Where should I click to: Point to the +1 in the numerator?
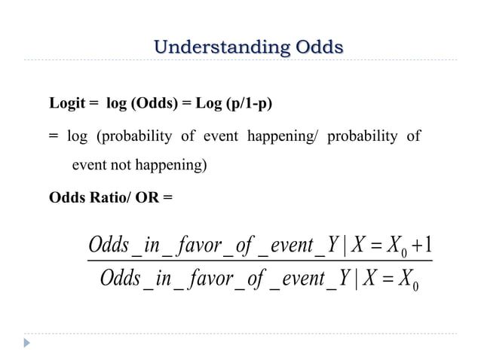pyautogui.click(x=422, y=246)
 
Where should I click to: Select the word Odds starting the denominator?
pyautogui.click(x=121, y=280)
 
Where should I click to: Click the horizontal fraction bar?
pyautogui.click(x=259, y=262)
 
